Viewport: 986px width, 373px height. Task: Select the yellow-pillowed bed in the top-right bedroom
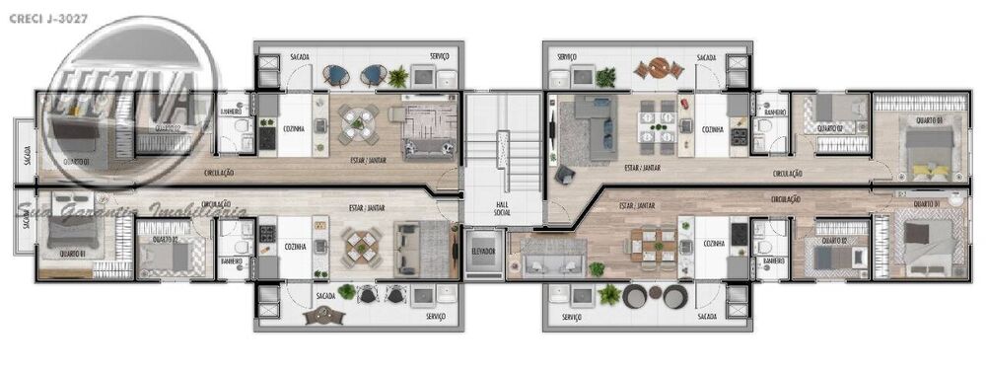tap(929, 153)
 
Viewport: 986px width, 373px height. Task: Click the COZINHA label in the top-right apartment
tap(713, 129)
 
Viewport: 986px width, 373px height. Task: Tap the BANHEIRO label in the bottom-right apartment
tap(773, 261)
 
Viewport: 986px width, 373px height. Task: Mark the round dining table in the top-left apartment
tap(359, 123)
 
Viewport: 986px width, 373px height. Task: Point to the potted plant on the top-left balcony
tap(397, 76)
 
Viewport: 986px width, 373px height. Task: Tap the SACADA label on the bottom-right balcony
tap(706, 317)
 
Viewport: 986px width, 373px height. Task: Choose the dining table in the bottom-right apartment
tap(653, 247)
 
